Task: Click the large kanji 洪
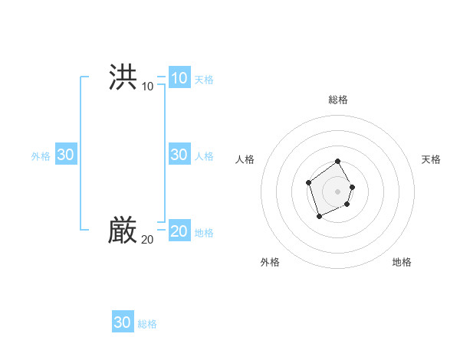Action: click(x=123, y=77)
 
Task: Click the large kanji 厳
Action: click(x=123, y=230)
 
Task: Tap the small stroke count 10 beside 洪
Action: click(x=147, y=87)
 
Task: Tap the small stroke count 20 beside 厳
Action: click(x=147, y=240)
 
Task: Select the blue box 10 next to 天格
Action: click(x=179, y=78)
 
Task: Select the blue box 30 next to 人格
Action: click(x=179, y=155)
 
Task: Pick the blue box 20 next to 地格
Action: click(x=179, y=231)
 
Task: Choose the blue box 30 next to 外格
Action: click(x=65, y=155)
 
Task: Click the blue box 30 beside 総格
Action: click(x=123, y=322)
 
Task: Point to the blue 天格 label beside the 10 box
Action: click(x=204, y=80)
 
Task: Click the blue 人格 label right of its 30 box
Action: click(x=204, y=156)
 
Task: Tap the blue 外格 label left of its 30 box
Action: click(x=41, y=156)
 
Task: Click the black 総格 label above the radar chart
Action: click(x=338, y=100)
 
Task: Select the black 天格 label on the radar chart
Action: click(x=431, y=159)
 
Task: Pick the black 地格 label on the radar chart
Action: click(x=402, y=262)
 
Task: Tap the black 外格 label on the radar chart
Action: click(x=270, y=262)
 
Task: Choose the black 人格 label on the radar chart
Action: click(x=245, y=159)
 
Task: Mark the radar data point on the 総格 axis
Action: click(x=338, y=162)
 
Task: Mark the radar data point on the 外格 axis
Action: click(x=320, y=217)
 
